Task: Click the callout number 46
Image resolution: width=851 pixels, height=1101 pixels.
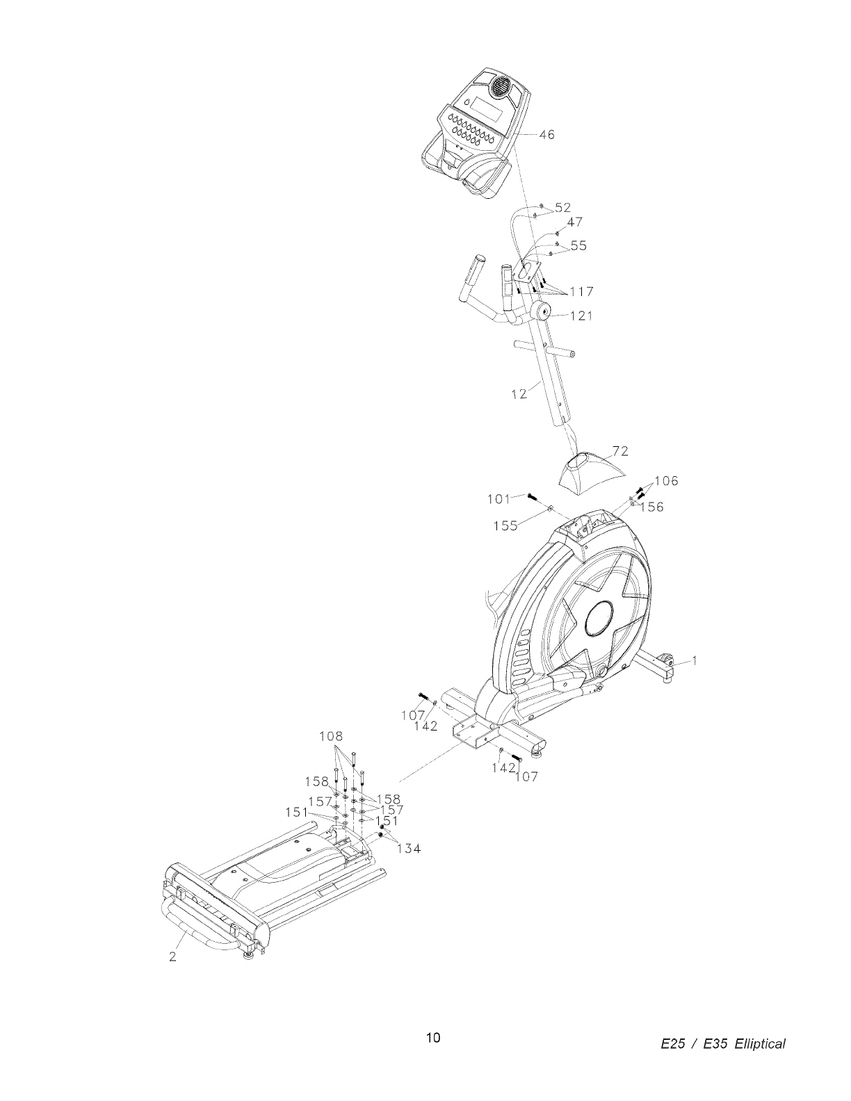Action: coord(546,135)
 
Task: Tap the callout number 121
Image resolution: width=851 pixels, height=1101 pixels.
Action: coord(581,316)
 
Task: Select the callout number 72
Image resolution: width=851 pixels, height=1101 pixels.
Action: coord(620,451)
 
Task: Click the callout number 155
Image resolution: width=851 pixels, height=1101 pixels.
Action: coord(505,526)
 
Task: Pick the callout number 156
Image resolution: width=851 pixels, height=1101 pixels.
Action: coord(652,507)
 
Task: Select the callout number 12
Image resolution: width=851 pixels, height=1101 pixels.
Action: coord(519,394)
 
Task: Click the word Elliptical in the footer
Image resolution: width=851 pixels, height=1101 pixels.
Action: coord(757,1044)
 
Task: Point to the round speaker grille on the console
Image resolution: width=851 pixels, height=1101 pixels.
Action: coord(501,87)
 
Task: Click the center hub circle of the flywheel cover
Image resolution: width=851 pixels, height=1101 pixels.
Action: coord(599,617)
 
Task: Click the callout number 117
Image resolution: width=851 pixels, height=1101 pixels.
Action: coord(581,291)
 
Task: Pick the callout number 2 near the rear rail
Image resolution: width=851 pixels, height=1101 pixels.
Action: coord(172,956)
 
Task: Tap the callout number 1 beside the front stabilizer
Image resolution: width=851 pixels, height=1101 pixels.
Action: coord(694,661)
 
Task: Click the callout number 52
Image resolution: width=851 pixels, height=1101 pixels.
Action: coord(562,207)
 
